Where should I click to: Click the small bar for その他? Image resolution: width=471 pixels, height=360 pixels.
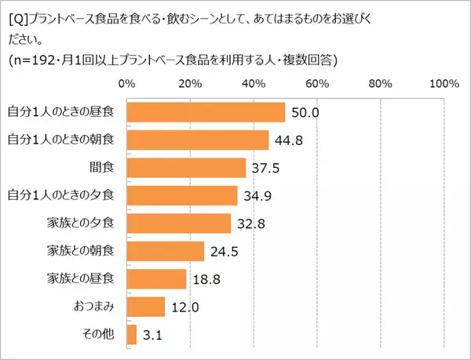point(131,334)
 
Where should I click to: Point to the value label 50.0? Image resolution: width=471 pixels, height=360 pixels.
point(305,112)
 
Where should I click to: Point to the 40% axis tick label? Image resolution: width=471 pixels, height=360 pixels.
point(253,84)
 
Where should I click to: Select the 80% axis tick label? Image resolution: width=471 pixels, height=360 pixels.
point(380,84)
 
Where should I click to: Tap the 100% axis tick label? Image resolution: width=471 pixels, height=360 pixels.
point(444,84)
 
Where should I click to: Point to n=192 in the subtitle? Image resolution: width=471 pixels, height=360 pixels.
point(34,61)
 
